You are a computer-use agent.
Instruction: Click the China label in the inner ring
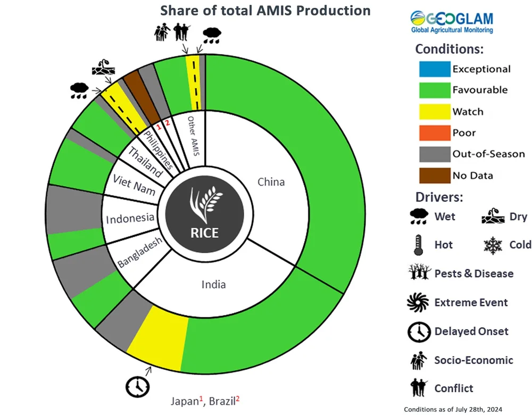click(x=271, y=182)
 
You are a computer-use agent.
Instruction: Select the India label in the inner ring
click(x=213, y=284)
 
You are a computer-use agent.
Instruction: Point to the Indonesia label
click(x=130, y=218)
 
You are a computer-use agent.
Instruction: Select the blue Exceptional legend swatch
click(x=432, y=69)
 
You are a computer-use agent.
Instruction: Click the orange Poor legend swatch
click(x=432, y=133)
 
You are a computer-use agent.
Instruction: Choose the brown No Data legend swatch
click(x=432, y=176)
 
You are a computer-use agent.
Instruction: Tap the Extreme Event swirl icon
click(x=417, y=302)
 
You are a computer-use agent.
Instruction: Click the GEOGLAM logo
click(x=452, y=21)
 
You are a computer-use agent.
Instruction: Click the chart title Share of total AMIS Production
click(x=265, y=10)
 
